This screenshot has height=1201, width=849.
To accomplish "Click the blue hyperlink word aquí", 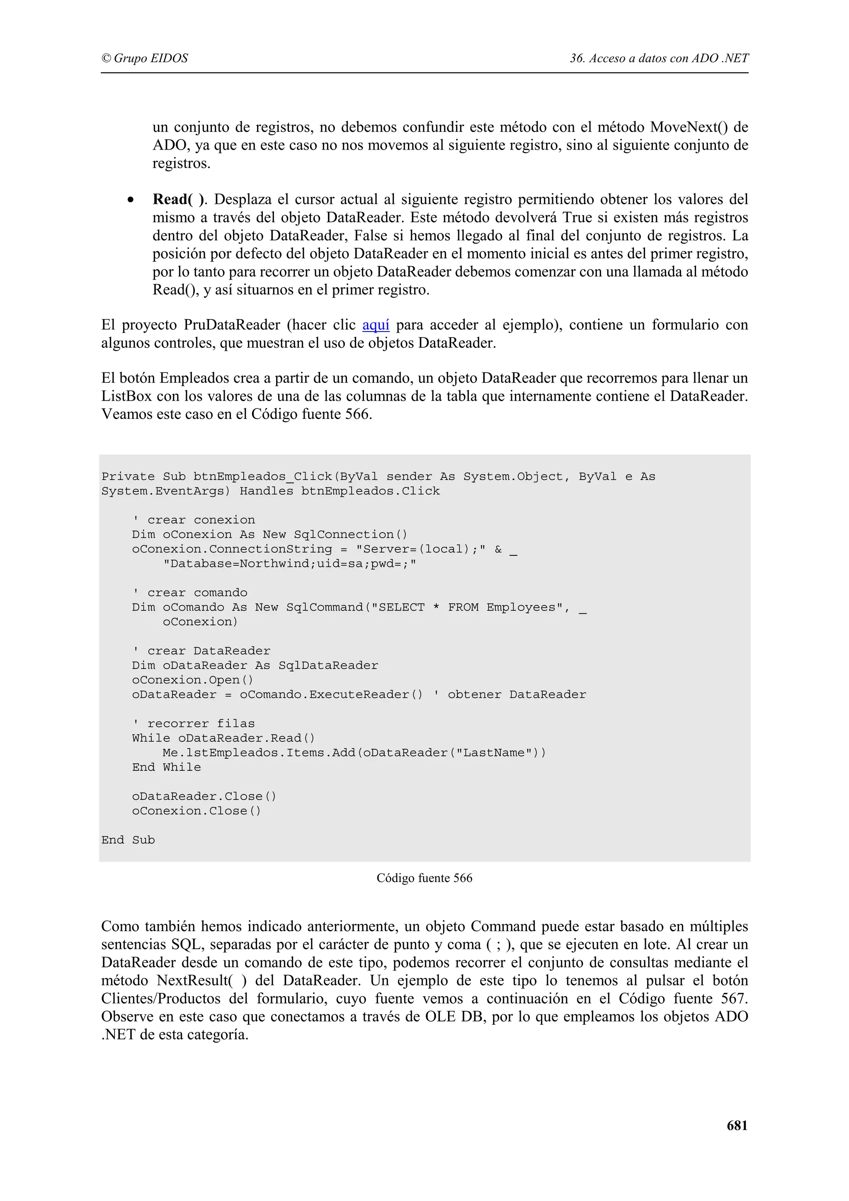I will coord(376,325).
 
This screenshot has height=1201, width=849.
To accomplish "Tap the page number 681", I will coord(737,1125).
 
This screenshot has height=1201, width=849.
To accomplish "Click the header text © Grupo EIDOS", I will coord(144,58).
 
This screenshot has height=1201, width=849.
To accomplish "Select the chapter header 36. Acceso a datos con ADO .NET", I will coord(659,58).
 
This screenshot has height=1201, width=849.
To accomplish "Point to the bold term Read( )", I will coord(179,199).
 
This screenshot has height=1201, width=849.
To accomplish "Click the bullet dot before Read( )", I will coord(130,200).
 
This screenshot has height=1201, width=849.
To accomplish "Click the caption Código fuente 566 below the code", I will coord(424,878).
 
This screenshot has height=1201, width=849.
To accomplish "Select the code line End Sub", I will coord(128,840).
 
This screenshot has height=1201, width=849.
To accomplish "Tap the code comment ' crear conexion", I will coord(194,519).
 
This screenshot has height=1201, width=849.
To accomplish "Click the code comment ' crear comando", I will coord(190,592).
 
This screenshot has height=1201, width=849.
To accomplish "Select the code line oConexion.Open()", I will coord(192,680).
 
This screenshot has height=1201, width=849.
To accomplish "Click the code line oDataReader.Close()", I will coord(204,796).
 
